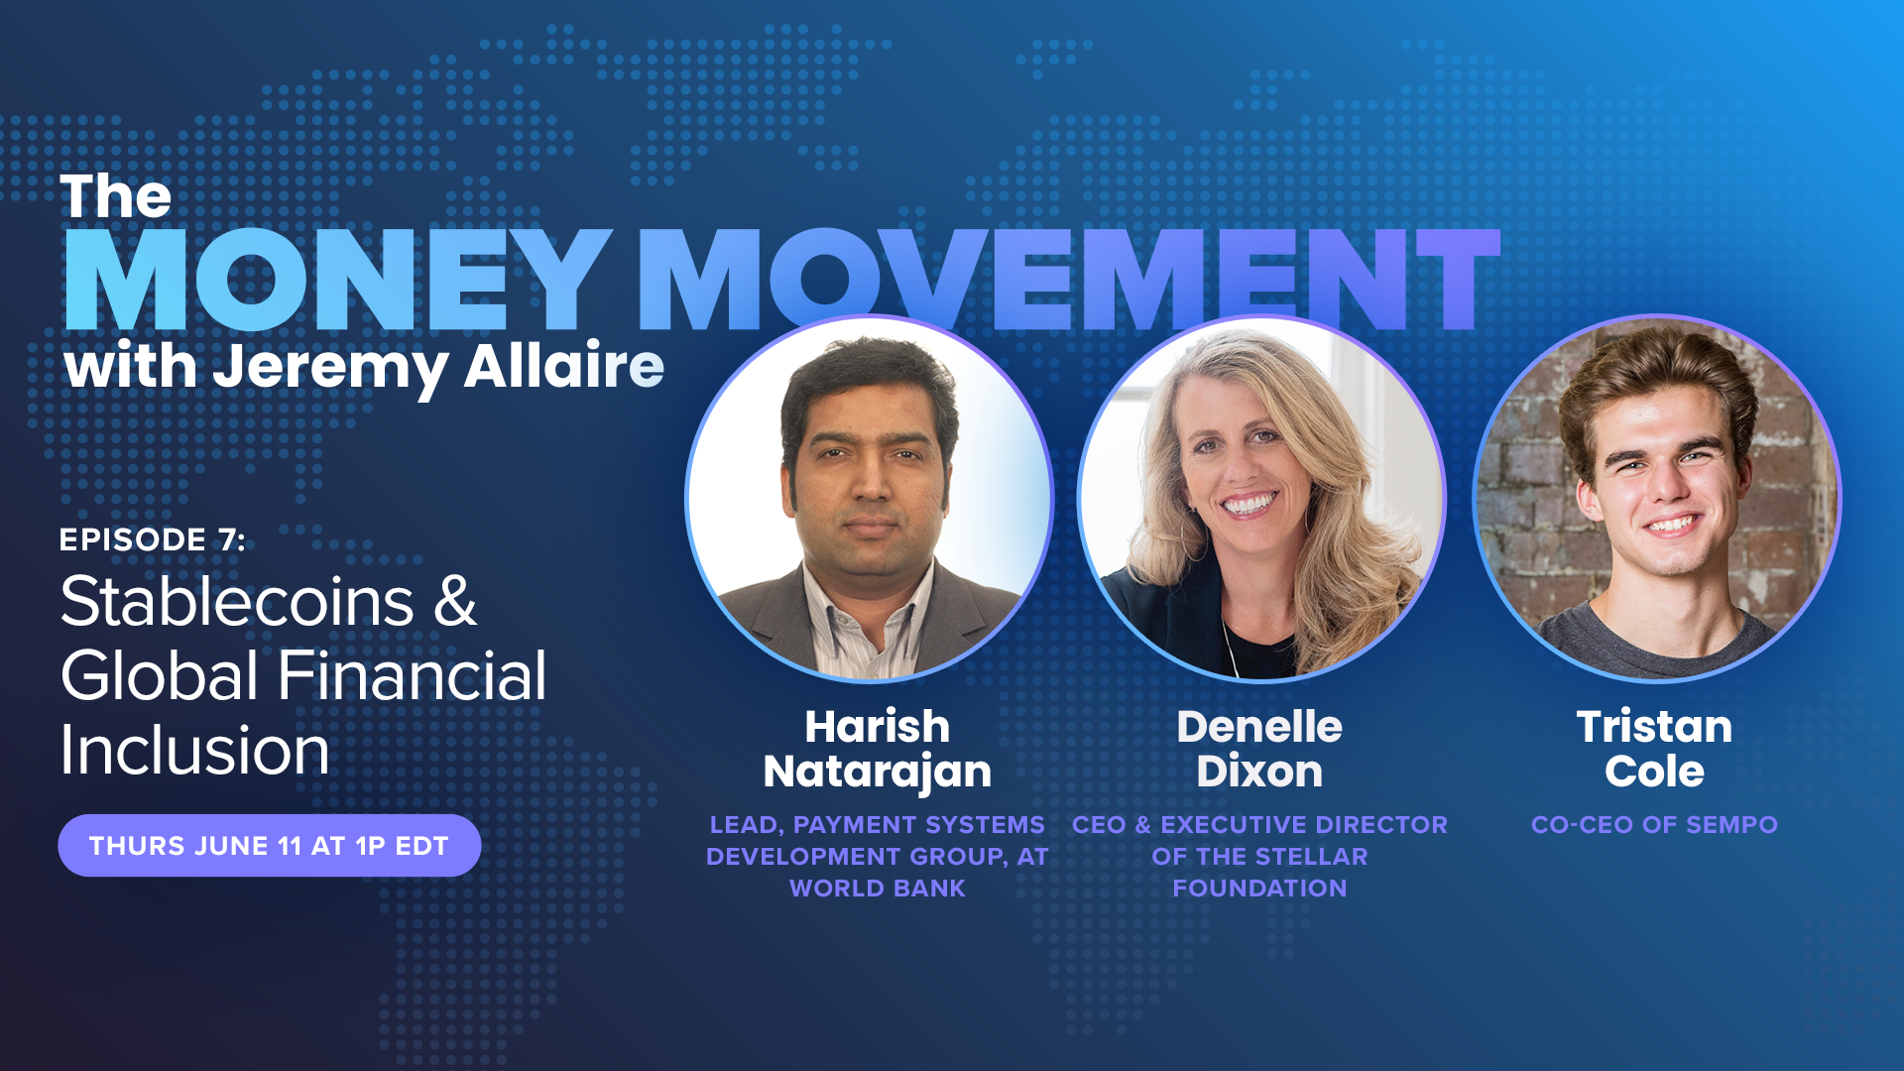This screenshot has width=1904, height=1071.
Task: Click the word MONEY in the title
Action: [338, 280]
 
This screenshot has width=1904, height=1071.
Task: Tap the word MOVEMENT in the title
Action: [1067, 280]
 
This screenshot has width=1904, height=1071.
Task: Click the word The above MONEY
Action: [116, 196]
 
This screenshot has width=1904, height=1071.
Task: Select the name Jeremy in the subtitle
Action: [329, 369]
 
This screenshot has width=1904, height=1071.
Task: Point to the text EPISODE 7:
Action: [153, 539]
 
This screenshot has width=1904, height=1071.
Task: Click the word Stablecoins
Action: [237, 601]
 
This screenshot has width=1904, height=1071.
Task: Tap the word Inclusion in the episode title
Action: [194, 750]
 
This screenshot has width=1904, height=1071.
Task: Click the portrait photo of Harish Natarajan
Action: [869, 499]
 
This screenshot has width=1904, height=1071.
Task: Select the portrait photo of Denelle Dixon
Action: [1261, 499]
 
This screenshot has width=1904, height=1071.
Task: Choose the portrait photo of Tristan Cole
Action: [1656, 499]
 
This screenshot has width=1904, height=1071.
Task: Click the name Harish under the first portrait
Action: [878, 727]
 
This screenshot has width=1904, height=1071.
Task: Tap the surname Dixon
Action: [1259, 772]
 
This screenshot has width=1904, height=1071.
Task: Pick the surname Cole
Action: [1655, 772]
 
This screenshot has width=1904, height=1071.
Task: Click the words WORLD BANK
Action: [878, 889]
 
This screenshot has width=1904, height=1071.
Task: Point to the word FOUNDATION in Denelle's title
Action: [1259, 889]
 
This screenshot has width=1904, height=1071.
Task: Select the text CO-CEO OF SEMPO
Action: [1654, 825]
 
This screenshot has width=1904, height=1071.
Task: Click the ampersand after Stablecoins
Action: [455, 601]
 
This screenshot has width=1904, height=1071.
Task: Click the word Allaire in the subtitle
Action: [564, 366]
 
